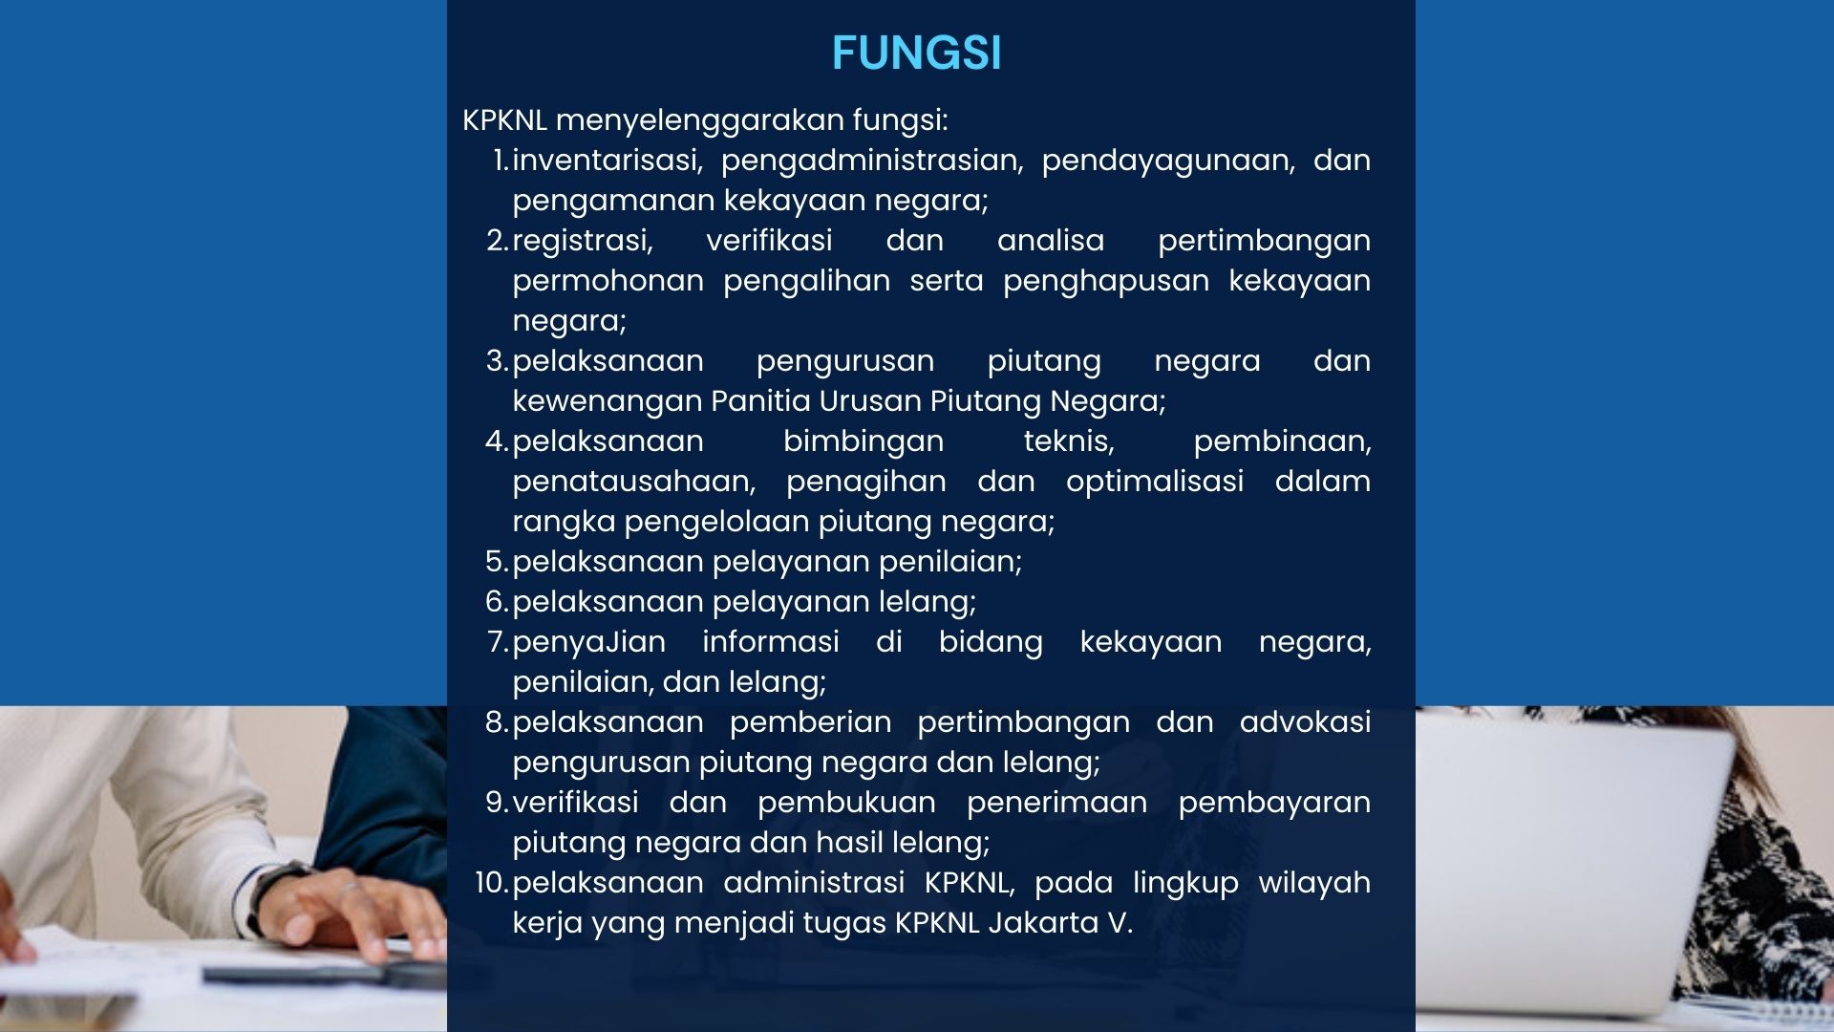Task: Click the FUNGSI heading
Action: click(x=916, y=53)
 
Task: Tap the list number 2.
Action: click(x=497, y=240)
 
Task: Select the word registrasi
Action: click(x=582, y=240)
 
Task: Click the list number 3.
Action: click(x=497, y=360)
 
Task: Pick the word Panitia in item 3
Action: click(x=760, y=400)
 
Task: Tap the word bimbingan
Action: click(x=863, y=441)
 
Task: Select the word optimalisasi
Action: click(x=1154, y=481)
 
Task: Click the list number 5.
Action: click(x=497, y=561)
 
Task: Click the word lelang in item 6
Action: click(x=938, y=601)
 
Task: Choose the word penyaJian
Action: click(x=588, y=641)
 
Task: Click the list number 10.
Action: click(x=491, y=882)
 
